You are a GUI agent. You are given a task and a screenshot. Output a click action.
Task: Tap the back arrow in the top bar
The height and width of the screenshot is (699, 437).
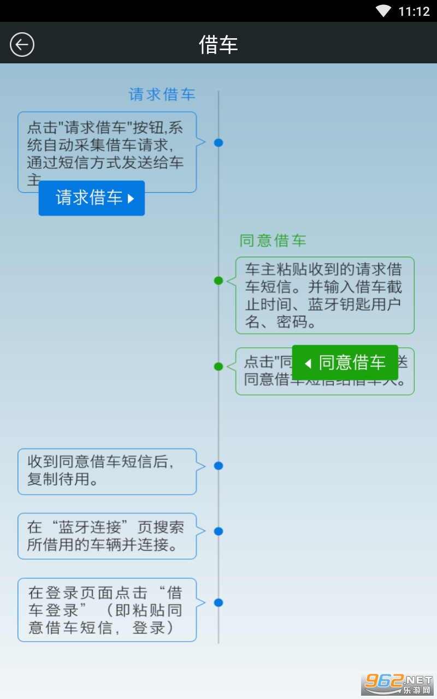[x=22, y=44]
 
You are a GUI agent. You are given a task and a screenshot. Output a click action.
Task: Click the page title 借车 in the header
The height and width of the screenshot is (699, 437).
[x=218, y=45]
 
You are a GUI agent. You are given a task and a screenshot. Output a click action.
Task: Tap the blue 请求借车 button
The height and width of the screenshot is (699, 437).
[x=91, y=198]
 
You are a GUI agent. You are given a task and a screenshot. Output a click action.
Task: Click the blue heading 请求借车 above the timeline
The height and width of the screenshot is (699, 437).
[x=162, y=94]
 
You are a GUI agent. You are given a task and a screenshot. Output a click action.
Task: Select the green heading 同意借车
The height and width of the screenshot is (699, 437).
[x=273, y=240]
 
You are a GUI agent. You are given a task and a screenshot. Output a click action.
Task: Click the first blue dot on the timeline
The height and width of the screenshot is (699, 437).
[x=218, y=143]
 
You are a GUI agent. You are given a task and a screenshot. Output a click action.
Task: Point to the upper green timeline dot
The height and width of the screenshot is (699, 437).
[x=218, y=281]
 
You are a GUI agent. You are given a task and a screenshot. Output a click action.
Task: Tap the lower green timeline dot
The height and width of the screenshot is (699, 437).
[x=218, y=366]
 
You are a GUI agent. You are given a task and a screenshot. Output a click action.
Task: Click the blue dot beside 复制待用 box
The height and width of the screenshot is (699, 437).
[x=218, y=466]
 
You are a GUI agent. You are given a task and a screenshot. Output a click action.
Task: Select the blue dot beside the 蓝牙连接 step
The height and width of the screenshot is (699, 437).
[x=218, y=531]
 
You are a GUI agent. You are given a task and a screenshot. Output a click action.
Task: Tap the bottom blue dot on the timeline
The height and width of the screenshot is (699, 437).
[x=218, y=602]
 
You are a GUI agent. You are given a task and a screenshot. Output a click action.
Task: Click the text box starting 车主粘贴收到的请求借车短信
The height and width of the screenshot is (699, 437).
[x=324, y=295]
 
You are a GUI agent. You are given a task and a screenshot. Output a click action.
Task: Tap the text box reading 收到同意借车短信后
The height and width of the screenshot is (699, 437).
[x=107, y=471]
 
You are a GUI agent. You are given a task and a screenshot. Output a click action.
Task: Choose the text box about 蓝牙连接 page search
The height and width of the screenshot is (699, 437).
[x=107, y=536]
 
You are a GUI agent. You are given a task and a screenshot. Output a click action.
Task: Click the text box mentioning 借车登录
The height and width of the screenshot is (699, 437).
[x=107, y=609]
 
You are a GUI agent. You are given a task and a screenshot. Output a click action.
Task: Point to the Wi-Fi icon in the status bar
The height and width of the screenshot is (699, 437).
[x=384, y=11]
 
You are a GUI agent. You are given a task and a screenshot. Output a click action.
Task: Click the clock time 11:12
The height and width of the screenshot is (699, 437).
[x=414, y=11]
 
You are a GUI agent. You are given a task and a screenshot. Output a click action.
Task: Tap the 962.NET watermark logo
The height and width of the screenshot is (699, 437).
[x=398, y=683]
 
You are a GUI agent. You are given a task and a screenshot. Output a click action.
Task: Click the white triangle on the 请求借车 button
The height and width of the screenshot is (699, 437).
[x=131, y=198]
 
